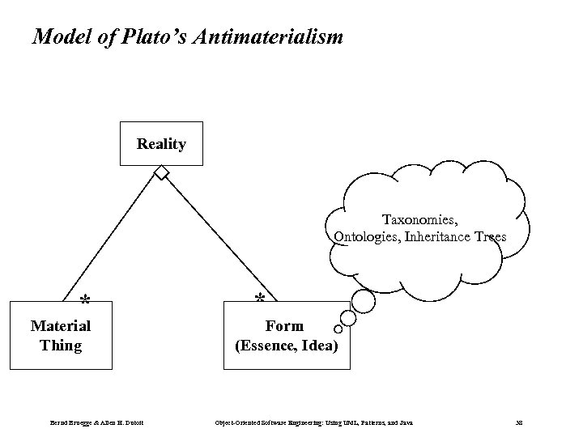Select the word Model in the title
click(x=60, y=36)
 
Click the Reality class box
click(x=161, y=143)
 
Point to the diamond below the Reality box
click(x=163, y=172)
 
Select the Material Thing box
click(x=61, y=336)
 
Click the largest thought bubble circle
click(x=363, y=300)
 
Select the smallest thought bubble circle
click(x=338, y=329)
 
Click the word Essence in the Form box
click(x=268, y=346)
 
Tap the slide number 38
click(x=518, y=422)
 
